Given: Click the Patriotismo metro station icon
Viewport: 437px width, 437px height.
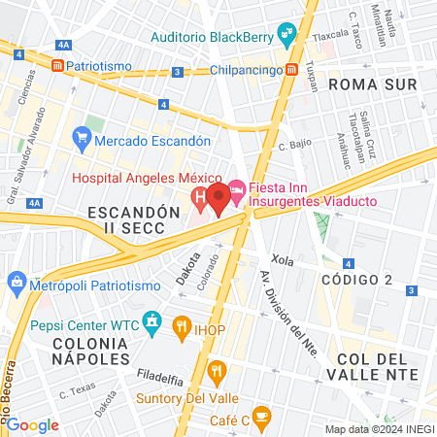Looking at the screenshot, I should tap(57, 65).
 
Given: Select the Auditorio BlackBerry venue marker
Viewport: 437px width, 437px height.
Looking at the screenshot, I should tap(286, 38).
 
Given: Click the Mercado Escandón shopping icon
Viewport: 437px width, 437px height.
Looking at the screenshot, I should tap(81, 141).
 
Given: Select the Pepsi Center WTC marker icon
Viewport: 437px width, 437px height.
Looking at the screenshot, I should tap(151, 320).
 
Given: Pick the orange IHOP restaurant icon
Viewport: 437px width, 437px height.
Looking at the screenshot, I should tap(180, 328).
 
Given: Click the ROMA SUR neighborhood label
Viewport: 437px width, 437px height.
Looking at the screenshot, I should tap(373, 84).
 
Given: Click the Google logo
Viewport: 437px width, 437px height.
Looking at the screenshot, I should tap(33, 424).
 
